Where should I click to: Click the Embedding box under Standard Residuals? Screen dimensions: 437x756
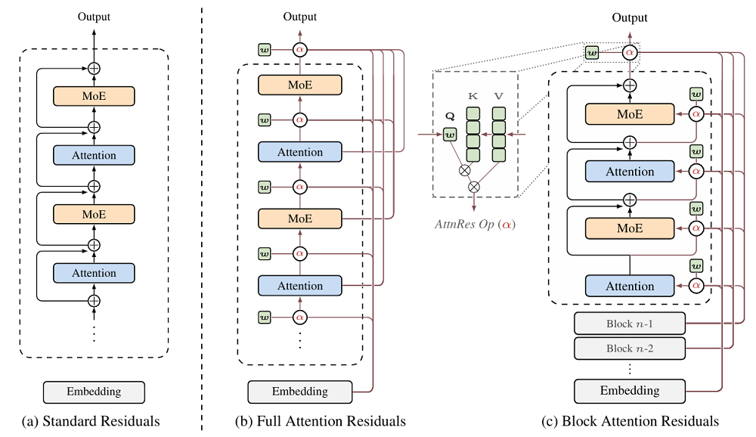pyautogui.click(x=94, y=392)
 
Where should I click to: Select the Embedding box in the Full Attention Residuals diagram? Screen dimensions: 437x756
pyautogui.click(x=300, y=391)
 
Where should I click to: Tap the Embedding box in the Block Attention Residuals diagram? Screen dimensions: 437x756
pyautogui.click(x=629, y=391)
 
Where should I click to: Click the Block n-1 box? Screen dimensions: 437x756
pyautogui.click(x=629, y=324)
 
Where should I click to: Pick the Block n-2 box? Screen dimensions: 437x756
pyautogui.click(x=629, y=349)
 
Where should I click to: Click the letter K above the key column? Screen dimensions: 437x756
pyautogui.click(x=473, y=97)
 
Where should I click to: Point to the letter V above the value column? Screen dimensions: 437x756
pyautogui.click(x=499, y=97)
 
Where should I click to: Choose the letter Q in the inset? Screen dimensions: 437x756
pyautogui.click(x=450, y=118)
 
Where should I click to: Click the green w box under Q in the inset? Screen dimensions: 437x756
pyautogui.click(x=450, y=135)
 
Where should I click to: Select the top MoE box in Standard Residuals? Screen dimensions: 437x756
pyautogui.click(x=94, y=96)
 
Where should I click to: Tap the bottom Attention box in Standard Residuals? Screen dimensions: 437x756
pyautogui.click(x=94, y=273)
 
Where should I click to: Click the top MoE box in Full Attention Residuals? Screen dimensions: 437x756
pyautogui.click(x=300, y=85)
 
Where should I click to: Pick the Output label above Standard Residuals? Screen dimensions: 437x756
pyautogui.click(x=94, y=16)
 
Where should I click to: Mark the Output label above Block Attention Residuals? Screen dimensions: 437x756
pyautogui.click(x=630, y=17)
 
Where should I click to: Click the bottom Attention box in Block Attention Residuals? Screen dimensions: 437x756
pyautogui.click(x=629, y=286)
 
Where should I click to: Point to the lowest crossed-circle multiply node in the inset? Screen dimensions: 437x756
pyautogui.click(x=475, y=186)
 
